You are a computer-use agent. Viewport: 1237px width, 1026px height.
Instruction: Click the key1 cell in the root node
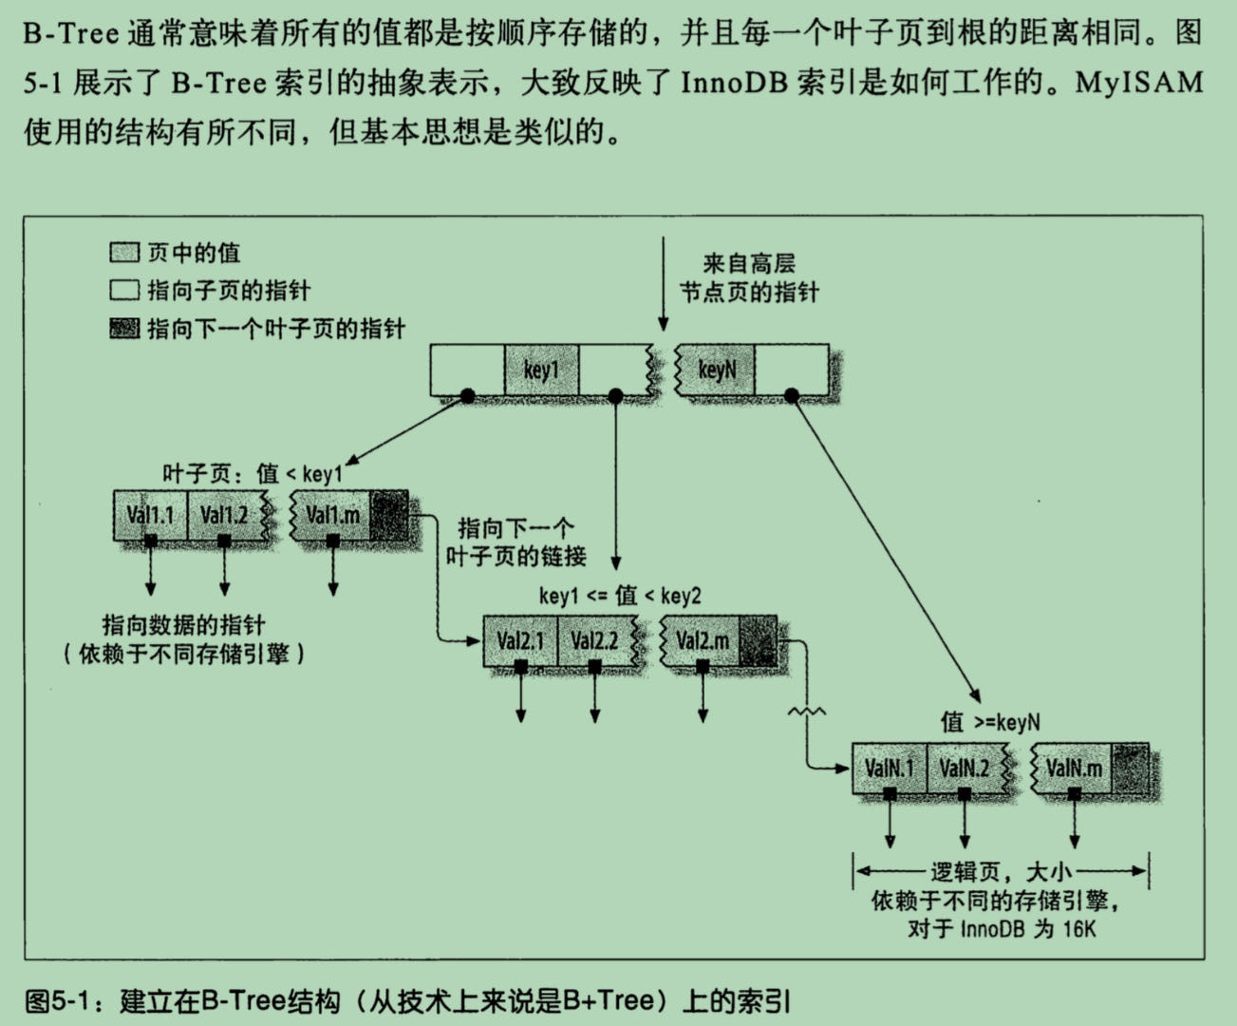[541, 370]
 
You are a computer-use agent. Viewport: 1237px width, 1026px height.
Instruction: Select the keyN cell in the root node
[717, 370]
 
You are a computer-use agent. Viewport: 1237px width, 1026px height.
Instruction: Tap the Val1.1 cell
[150, 515]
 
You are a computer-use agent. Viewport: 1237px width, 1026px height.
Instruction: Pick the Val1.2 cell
[224, 515]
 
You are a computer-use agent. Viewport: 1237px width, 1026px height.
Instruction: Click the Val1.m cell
[332, 515]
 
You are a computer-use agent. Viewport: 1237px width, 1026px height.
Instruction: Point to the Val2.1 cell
[520, 640]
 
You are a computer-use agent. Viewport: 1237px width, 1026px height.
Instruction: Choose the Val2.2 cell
[594, 640]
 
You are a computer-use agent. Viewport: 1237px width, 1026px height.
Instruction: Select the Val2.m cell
[703, 640]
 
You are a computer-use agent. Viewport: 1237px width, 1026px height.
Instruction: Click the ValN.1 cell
[890, 768]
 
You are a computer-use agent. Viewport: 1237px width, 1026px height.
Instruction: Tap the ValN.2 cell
[965, 768]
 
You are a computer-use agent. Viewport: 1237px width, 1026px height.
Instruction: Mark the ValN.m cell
[1075, 768]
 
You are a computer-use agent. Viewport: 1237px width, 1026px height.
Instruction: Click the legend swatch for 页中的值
[124, 253]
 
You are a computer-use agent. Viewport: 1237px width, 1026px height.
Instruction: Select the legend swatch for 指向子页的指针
[124, 291]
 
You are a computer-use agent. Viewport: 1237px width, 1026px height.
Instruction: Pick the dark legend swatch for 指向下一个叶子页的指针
[124, 329]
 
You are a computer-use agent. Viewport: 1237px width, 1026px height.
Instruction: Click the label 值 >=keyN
[990, 722]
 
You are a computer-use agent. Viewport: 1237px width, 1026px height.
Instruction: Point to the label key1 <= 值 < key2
[620, 596]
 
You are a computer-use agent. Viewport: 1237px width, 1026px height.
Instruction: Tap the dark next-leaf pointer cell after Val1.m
[389, 515]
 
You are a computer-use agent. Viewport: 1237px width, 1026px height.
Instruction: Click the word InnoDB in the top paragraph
[734, 83]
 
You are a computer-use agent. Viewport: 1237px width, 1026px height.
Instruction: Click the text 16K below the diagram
[1078, 928]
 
